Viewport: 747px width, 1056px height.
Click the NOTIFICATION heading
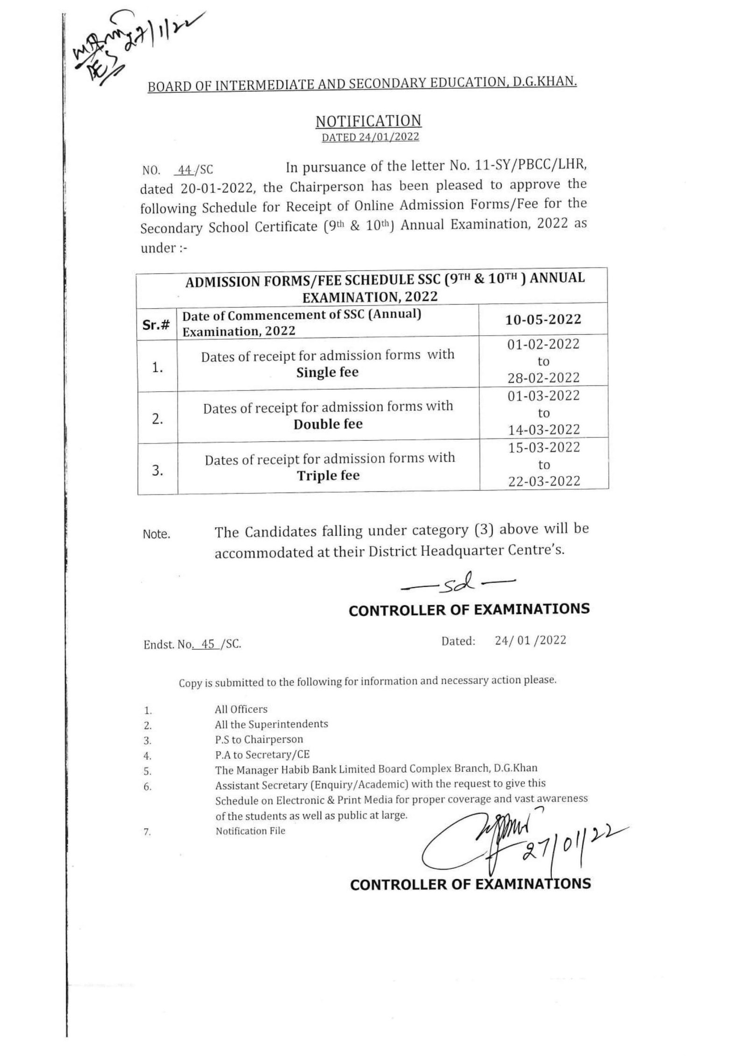tap(368, 121)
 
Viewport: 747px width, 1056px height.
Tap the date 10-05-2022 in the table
tap(543, 319)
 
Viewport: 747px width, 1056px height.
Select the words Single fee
tap(327, 373)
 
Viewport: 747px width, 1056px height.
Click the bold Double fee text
tap(328, 424)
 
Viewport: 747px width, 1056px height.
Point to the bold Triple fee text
tap(328, 476)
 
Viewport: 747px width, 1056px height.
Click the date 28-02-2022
tap(543, 378)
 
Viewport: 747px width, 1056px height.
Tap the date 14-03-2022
tap(543, 429)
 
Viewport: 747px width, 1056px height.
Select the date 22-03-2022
tap(543, 481)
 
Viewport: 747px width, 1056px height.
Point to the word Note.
tap(156, 535)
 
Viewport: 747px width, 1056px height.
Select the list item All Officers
tap(241, 709)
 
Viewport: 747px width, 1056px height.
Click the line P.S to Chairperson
tap(259, 739)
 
